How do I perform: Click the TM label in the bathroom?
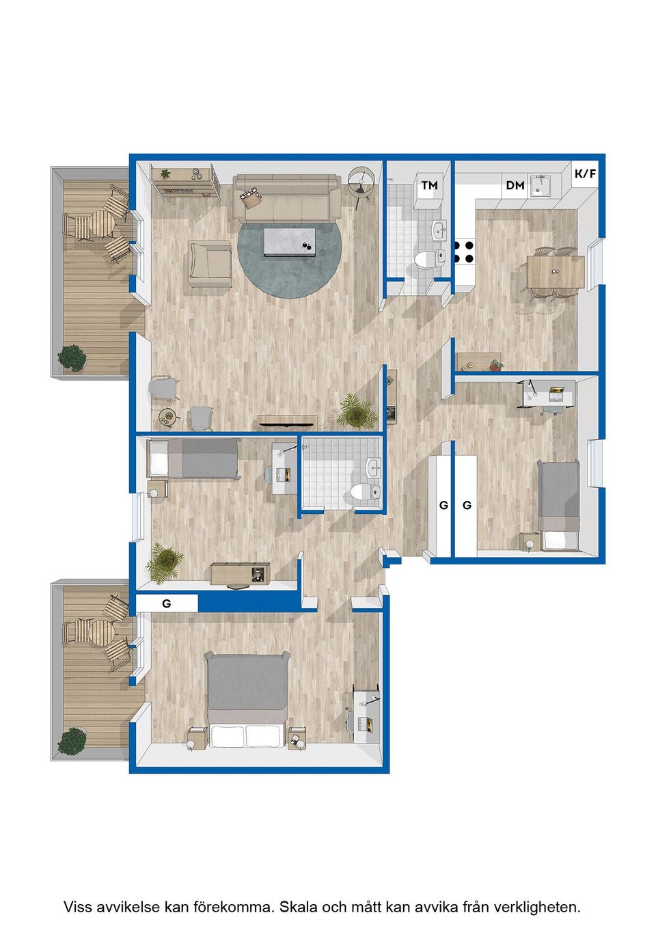click(429, 185)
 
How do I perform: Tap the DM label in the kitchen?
click(515, 185)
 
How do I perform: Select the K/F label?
click(585, 174)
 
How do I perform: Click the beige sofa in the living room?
click(287, 197)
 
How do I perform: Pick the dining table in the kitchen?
click(555, 271)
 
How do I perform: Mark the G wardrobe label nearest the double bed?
click(167, 604)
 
